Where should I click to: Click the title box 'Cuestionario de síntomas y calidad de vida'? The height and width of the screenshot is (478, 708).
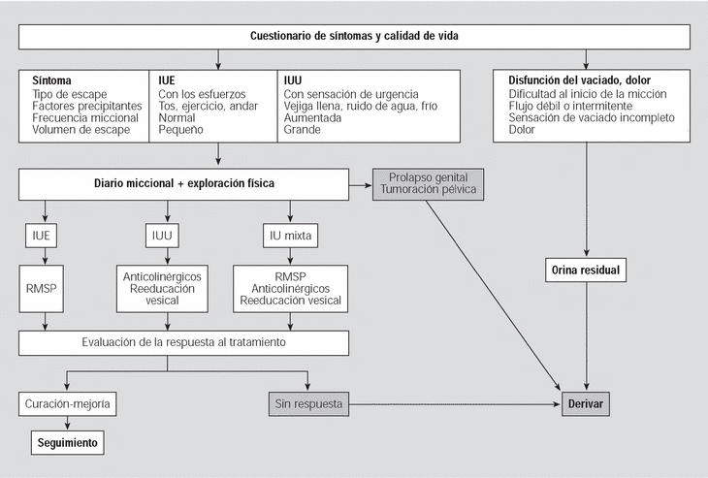[x=354, y=36]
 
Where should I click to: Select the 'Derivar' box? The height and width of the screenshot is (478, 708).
[x=586, y=403]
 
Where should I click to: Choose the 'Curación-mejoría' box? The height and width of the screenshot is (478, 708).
[x=65, y=403]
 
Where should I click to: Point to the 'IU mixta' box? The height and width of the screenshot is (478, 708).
[x=291, y=235]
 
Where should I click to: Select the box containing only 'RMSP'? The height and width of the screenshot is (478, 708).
[x=45, y=288]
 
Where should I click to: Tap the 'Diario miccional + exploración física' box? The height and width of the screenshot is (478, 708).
[x=182, y=182]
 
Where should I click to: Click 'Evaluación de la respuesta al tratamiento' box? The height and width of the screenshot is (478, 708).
[x=182, y=342]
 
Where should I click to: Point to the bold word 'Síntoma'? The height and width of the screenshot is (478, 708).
[x=52, y=80]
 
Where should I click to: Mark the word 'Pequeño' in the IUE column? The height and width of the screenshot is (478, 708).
[x=182, y=130]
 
